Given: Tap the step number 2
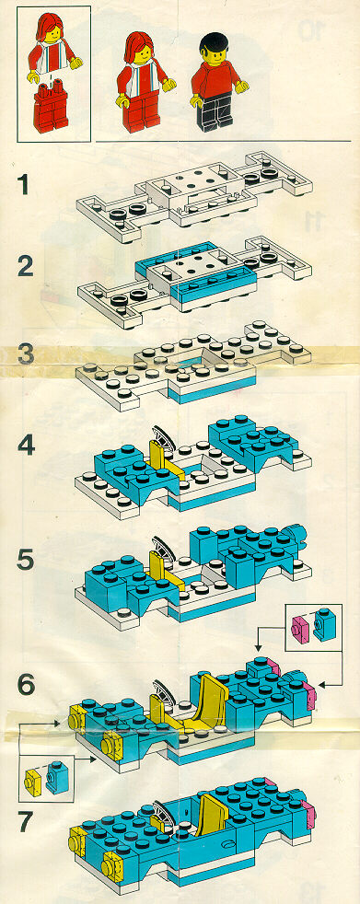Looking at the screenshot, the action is pos(25,267).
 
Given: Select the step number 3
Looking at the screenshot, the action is pos(26,354).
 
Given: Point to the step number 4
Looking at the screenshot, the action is pos(26,446).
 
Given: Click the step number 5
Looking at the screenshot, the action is pos(26,559).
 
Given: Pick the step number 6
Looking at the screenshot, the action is pos(26,684).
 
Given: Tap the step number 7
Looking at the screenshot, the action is pos(26,821).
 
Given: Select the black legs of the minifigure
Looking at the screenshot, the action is pos(214,111).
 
